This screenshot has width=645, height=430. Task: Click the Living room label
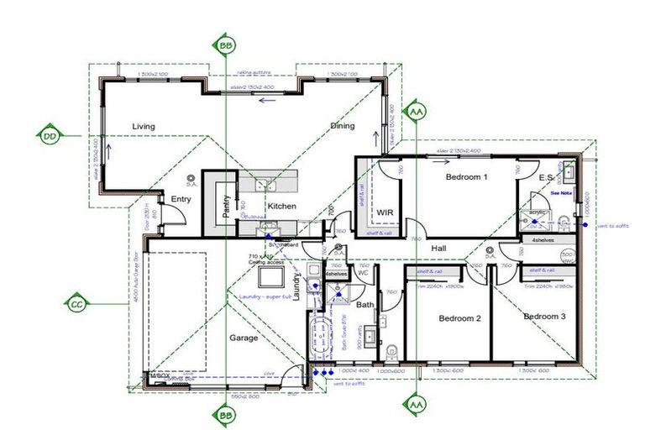click(144, 127)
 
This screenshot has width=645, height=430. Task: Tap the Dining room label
click(342, 126)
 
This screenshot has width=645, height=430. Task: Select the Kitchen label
click(281, 206)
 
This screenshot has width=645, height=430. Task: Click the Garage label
click(244, 338)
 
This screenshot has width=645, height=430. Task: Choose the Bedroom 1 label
click(466, 177)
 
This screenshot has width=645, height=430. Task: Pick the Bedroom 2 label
click(459, 318)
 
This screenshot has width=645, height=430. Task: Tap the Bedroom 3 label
click(545, 317)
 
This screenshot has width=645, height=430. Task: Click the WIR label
click(385, 212)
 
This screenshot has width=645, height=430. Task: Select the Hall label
click(439, 249)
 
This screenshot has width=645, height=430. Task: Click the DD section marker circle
click(50, 135)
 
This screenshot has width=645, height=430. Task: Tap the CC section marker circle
click(76, 303)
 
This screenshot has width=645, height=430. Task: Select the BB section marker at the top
click(226, 46)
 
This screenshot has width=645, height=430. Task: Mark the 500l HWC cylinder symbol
click(567, 256)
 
